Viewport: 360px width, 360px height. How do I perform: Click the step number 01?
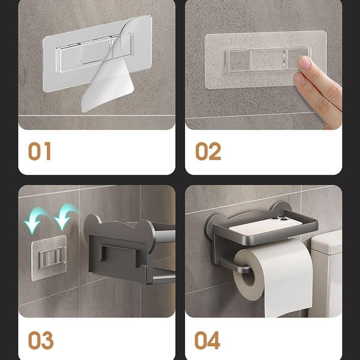(40, 151)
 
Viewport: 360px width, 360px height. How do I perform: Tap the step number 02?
(208, 151)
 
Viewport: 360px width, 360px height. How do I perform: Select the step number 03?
(41, 341)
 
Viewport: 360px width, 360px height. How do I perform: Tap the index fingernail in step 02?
(304, 63)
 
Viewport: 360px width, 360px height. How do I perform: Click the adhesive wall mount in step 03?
(49, 257)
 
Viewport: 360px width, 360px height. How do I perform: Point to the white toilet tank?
(326, 274)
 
